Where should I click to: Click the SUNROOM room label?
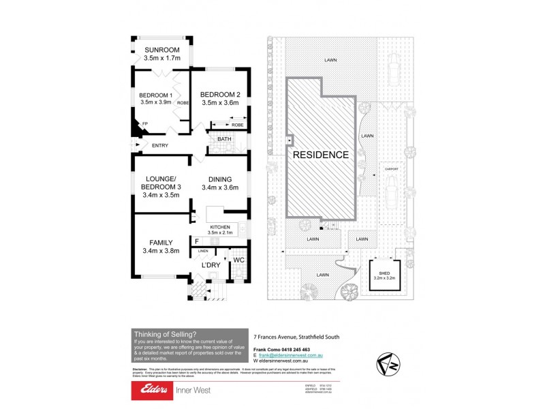(161, 50)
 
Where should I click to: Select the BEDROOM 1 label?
(155, 95)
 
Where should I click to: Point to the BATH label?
(224, 140)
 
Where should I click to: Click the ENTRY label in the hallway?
(160, 145)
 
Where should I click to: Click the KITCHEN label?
(220, 226)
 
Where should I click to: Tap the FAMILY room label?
(161, 242)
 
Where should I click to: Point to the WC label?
(238, 260)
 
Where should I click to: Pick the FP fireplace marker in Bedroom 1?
(144, 123)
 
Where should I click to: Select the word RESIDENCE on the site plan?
(321, 155)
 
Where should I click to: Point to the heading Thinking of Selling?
(166, 333)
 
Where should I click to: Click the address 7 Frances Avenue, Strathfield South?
(296, 336)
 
